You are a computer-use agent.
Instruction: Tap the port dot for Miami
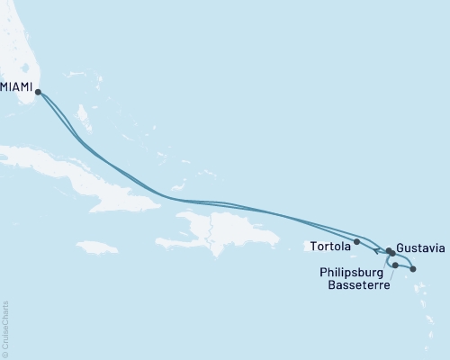coord(38,90)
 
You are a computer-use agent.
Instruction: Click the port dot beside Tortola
coord(357,241)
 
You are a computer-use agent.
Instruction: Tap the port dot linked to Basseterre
coord(395,265)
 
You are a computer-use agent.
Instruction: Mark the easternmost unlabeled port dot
coord(413,269)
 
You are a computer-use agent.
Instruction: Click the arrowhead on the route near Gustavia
coord(376,249)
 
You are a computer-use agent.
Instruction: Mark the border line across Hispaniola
coord(209,230)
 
